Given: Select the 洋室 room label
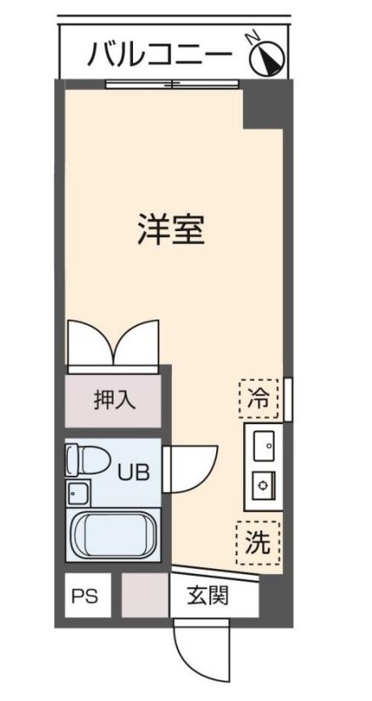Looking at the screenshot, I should (170, 229).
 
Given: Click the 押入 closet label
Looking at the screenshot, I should (114, 399).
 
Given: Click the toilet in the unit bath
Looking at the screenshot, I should (88, 460).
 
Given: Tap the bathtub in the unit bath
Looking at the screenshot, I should (112, 533).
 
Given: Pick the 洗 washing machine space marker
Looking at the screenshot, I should (258, 545).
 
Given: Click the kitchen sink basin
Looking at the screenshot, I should (262, 444).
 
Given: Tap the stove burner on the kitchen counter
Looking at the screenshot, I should (262, 485).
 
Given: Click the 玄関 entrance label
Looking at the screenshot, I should (208, 596).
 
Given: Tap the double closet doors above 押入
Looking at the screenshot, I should (114, 343).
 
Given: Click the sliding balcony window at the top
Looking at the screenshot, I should (173, 83).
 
